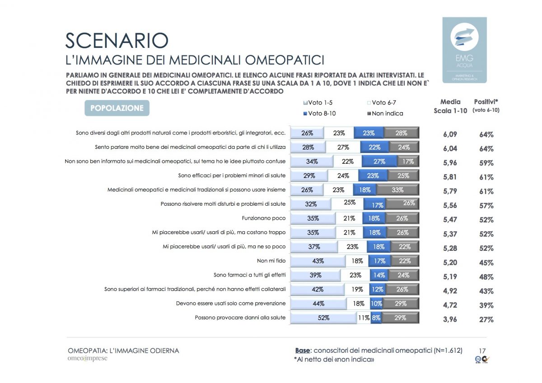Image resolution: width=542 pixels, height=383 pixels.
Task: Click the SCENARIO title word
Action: (x=117, y=41)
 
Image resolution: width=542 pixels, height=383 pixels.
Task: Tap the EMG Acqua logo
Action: (x=464, y=50)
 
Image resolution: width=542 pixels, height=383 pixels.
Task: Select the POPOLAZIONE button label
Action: (x=117, y=108)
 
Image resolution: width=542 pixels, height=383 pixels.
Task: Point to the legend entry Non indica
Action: (x=385, y=113)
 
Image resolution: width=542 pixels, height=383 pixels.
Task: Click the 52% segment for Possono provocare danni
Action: (x=323, y=318)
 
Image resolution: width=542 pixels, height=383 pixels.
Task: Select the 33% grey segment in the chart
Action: (x=397, y=190)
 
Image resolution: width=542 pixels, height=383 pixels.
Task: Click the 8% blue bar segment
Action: (x=375, y=318)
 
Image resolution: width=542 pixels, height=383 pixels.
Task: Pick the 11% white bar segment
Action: (x=364, y=318)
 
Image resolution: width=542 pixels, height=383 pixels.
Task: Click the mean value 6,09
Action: (x=450, y=134)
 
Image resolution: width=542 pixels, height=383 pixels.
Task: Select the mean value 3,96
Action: (x=450, y=320)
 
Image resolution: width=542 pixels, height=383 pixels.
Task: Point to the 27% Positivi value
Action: (x=486, y=320)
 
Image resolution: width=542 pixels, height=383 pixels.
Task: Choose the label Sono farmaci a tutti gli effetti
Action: (x=249, y=275)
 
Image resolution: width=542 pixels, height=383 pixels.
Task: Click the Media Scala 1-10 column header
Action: (x=450, y=106)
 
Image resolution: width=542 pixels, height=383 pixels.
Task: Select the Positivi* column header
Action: (x=486, y=106)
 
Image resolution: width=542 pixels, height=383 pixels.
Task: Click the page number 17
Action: (x=482, y=350)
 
